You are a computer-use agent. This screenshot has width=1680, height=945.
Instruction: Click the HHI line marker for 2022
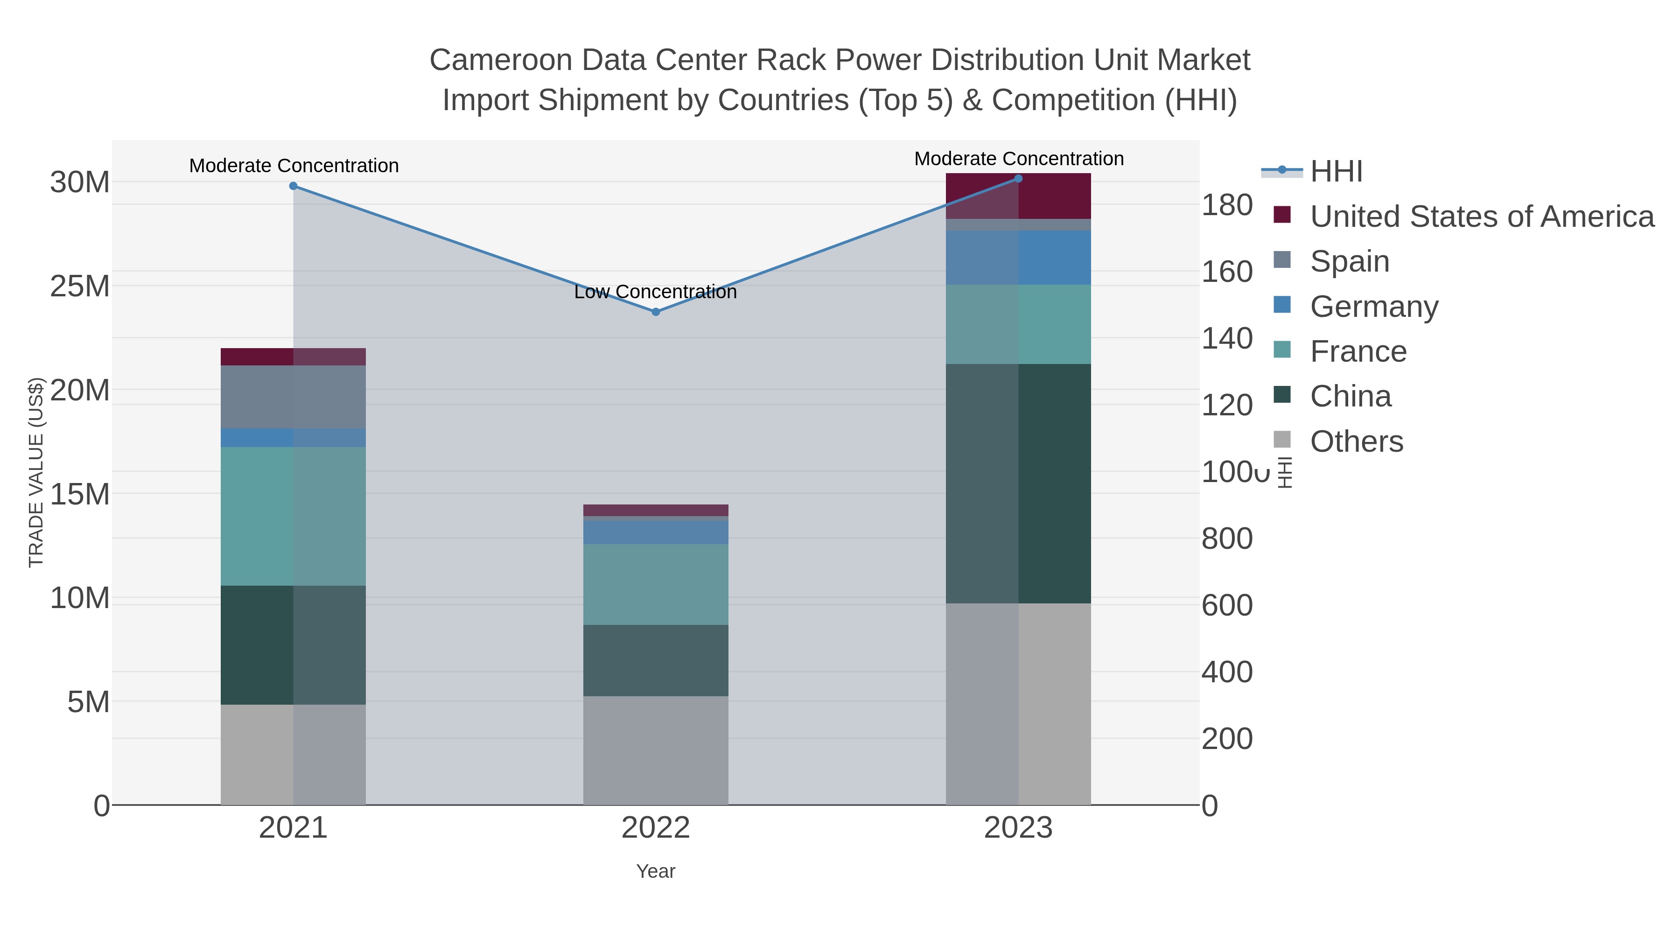coord(656,312)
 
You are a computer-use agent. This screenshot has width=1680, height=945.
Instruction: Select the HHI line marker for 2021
coord(294,186)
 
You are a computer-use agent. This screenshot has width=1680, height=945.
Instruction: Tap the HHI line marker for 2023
coord(1018,179)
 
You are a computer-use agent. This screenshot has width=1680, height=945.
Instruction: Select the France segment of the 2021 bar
coord(294,516)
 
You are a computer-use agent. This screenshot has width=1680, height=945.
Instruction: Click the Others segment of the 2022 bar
coord(656,750)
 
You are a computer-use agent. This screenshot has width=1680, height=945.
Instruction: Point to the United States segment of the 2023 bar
coord(1018,196)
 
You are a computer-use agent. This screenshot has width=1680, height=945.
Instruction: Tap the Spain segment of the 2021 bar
coord(294,397)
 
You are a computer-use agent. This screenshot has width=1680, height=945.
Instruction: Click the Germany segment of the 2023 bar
coord(1018,258)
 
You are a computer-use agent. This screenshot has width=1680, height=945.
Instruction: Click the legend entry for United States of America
coord(1480,216)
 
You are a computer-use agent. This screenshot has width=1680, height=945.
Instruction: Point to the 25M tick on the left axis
coord(79,286)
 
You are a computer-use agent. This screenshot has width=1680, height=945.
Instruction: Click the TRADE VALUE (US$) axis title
coord(36,472)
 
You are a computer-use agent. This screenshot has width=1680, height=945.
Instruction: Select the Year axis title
coord(656,871)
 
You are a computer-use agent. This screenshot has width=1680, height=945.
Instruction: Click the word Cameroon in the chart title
coord(500,60)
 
